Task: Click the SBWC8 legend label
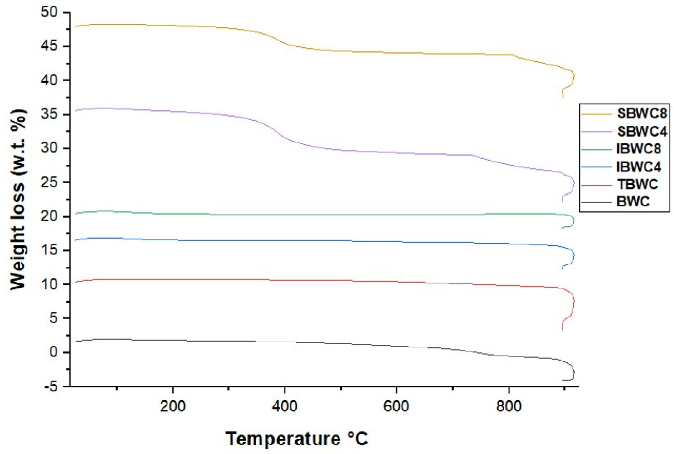pyautogui.click(x=642, y=113)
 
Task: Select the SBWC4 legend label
pyautogui.click(x=642, y=132)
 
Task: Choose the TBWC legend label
pyautogui.click(x=637, y=184)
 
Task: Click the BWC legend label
pyautogui.click(x=633, y=202)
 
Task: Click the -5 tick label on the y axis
pyautogui.click(x=49, y=387)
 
